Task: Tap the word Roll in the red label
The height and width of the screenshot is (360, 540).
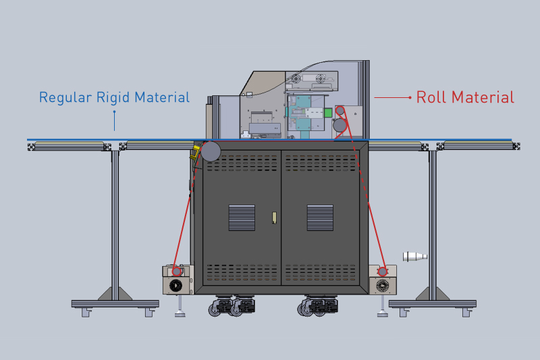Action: point(430,97)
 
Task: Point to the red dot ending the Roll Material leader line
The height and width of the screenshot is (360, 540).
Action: point(410,98)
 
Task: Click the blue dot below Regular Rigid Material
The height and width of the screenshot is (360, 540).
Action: point(114,111)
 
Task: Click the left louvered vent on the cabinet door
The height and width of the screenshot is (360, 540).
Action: point(242,217)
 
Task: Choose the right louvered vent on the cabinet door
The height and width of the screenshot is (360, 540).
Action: point(320,217)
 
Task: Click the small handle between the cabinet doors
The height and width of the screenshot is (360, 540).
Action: point(274,217)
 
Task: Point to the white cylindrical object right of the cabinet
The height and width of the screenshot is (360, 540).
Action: point(414,256)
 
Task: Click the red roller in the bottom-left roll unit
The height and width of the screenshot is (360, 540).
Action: point(177,271)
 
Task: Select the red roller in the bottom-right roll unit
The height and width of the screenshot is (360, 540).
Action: point(383,271)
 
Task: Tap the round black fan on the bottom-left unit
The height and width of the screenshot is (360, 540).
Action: point(177,285)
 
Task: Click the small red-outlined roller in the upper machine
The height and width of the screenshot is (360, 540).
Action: point(340,110)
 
